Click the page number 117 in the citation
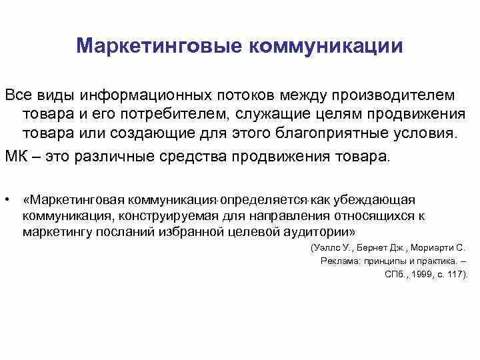pyautogui.click(x=457, y=274)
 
